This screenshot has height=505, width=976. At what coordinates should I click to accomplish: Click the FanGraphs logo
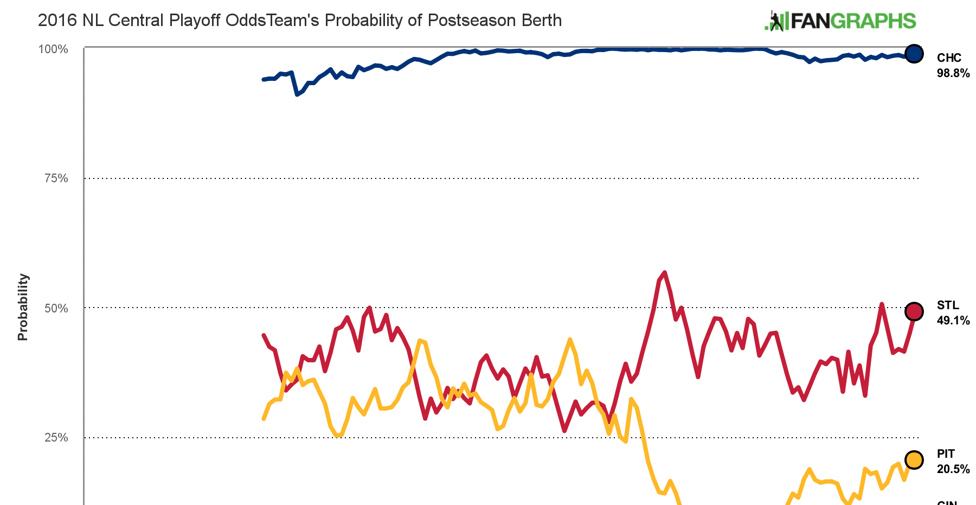[x=840, y=21]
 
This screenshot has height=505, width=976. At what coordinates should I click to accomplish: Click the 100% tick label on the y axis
[x=53, y=49]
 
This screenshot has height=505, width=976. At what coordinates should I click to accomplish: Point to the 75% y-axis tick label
[x=55, y=178]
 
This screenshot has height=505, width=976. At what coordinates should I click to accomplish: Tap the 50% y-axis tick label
[x=55, y=308]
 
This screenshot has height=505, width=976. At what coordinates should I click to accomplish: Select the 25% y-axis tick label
[x=55, y=437]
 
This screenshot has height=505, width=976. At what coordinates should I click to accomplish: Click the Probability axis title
[x=23, y=307]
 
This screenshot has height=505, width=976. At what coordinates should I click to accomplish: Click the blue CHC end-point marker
[x=914, y=54]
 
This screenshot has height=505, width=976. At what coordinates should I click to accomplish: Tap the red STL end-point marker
[x=914, y=311]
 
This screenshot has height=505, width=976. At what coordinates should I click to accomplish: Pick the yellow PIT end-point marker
[x=914, y=460]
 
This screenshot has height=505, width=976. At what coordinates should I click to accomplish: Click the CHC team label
[x=949, y=58]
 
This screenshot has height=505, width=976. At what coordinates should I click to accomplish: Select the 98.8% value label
[x=953, y=73]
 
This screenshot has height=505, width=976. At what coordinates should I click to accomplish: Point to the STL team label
[x=948, y=305]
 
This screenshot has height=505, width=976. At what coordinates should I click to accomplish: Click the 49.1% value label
[x=953, y=321]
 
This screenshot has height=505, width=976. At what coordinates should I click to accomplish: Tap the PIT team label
[x=946, y=454]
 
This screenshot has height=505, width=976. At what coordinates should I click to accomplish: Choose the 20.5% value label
[x=953, y=469]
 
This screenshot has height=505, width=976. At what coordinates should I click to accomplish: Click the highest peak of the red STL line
[x=665, y=272]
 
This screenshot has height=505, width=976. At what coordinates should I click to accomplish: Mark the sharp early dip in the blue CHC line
[x=297, y=94]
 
